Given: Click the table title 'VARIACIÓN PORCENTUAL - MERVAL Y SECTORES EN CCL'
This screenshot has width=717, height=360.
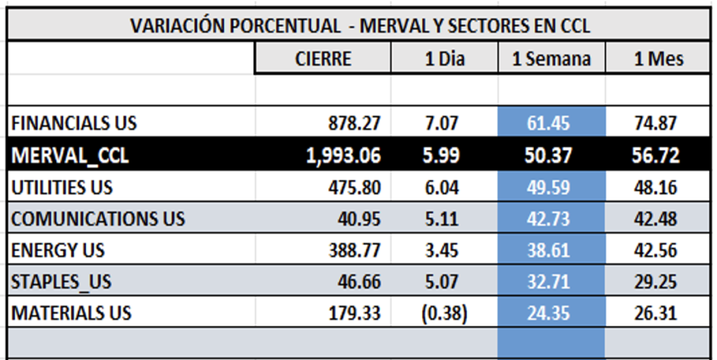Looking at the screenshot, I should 360,26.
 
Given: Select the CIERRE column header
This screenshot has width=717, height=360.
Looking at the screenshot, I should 323,59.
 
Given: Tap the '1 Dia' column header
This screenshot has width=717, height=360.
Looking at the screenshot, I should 444,59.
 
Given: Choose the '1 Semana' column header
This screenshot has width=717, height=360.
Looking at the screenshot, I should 551,59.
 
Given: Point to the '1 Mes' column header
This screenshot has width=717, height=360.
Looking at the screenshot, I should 658,59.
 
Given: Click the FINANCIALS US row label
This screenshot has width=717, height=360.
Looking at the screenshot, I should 74,124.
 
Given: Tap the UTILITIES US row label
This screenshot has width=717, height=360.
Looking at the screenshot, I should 62,187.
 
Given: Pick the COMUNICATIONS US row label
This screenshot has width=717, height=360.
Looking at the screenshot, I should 98,219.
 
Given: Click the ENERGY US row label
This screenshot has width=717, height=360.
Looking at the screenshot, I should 58,250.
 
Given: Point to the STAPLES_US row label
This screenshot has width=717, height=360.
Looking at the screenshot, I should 61,282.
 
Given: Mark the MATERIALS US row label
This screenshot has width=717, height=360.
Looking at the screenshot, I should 71,313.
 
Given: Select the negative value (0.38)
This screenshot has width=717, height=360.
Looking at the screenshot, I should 444,313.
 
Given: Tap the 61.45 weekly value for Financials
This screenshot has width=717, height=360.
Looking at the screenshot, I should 551,124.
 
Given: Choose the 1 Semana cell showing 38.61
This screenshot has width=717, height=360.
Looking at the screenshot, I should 551,250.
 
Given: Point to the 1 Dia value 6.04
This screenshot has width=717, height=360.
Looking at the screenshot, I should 442,187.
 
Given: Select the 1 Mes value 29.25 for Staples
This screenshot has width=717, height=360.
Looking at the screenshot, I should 656,282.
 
